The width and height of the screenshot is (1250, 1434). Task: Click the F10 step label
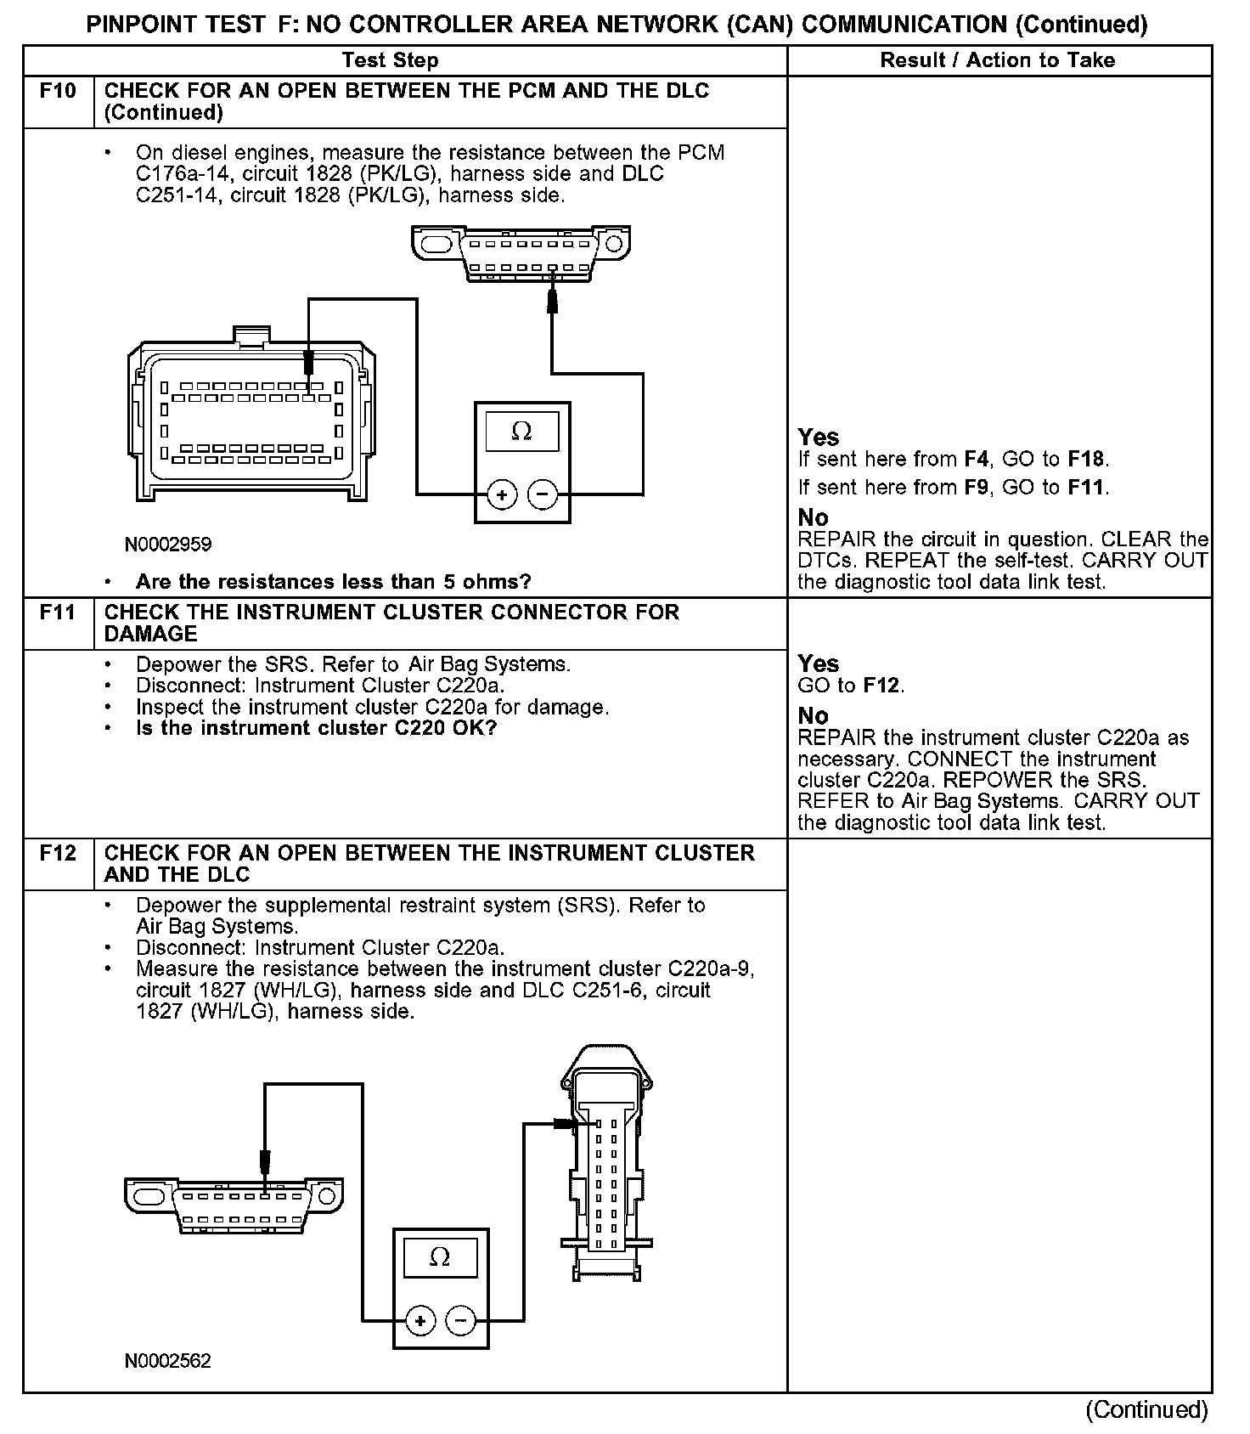point(58,90)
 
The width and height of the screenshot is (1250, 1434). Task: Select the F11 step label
point(58,612)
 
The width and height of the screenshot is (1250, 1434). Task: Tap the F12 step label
point(58,852)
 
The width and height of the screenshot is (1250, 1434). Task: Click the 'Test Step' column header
point(390,60)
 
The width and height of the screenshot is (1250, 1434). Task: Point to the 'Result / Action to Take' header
point(998,60)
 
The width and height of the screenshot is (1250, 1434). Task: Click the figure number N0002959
point(168,544)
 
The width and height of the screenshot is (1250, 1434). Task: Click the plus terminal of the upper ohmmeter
point(502,494)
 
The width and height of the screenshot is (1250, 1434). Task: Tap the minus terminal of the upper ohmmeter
point(543,494)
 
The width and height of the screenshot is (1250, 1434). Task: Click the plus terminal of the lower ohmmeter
point(420,1320)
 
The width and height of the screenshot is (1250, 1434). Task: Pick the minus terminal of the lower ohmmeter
point(461,1320)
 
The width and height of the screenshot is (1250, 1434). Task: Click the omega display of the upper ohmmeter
point(521,432)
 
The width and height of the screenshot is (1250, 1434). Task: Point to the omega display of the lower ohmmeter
point(440,1256)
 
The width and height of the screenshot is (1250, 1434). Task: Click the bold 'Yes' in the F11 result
point(818,663)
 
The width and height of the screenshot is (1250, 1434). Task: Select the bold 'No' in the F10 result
point(813,517)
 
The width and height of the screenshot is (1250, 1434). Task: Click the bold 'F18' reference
point(1087,460)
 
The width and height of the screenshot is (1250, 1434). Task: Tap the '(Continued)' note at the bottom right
point(1146,1410)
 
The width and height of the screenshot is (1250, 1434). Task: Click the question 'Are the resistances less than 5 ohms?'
point(333,582)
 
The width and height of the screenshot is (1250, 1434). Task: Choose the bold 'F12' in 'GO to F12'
point(882,686)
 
